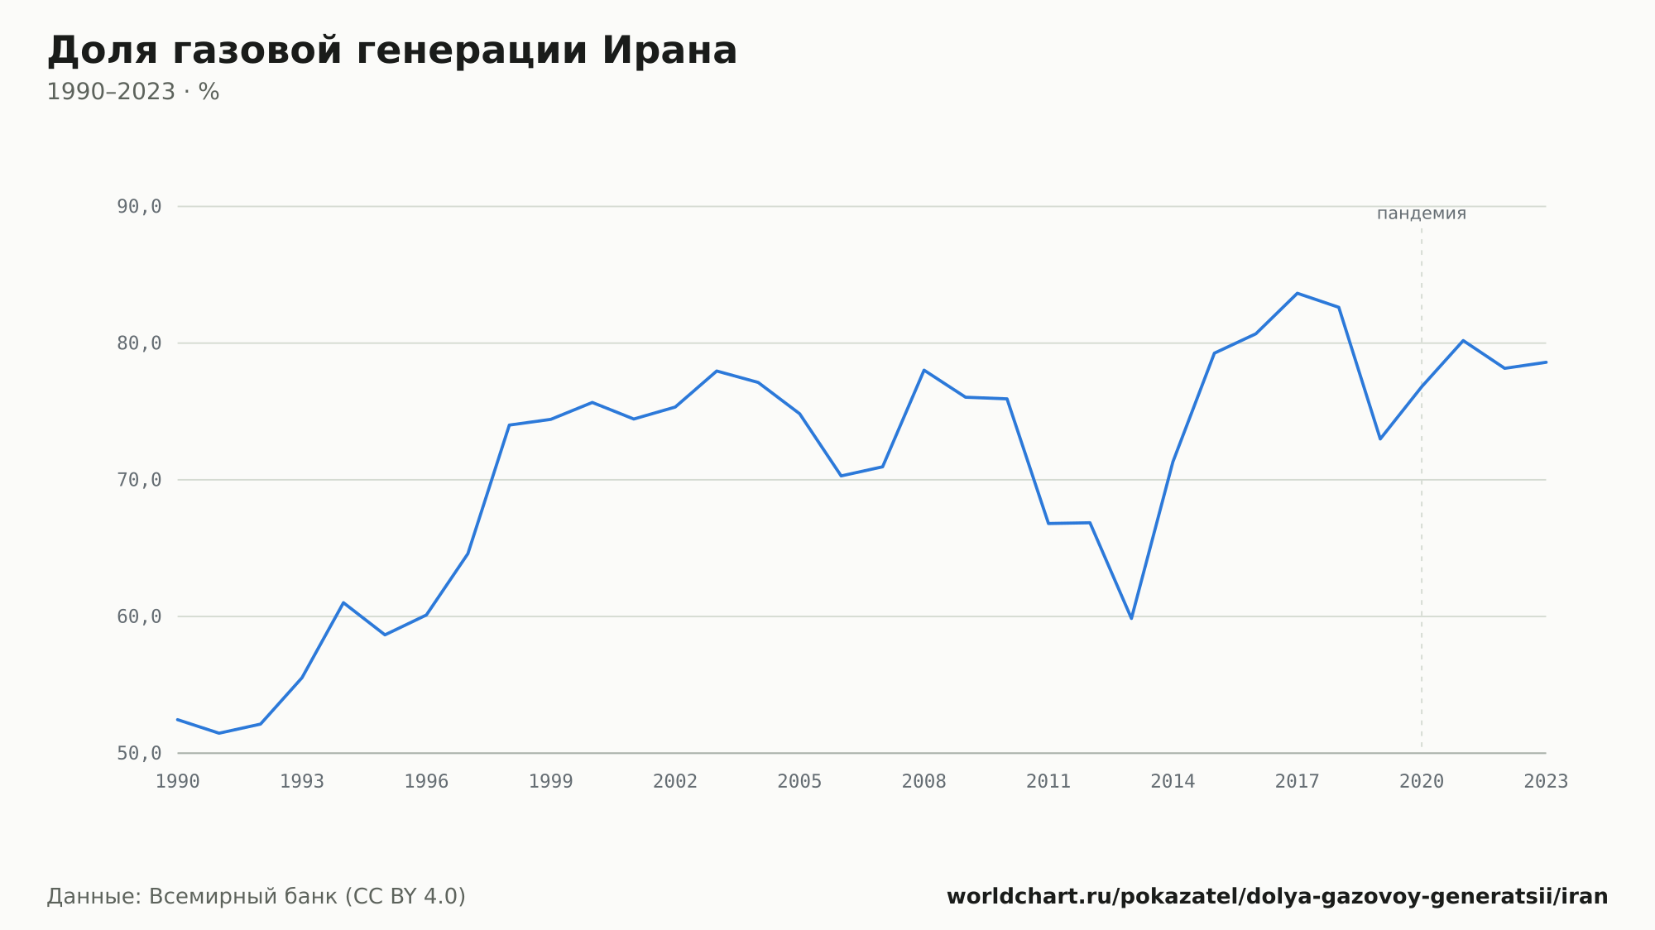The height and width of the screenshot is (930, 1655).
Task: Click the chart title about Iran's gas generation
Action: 391,51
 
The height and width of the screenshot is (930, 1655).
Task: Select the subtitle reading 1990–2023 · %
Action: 133,92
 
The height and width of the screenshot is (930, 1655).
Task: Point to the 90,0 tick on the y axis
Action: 139,207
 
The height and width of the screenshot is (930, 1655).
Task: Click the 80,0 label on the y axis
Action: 139,343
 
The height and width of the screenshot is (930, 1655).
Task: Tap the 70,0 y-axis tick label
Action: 139,480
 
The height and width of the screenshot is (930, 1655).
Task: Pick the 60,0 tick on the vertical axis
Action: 139,616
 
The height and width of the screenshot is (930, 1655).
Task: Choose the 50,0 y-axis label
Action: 139,753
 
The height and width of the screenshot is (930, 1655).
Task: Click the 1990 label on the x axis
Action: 178,782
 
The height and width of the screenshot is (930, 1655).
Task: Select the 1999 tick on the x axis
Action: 551,782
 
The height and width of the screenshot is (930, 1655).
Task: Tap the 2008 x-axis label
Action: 924,782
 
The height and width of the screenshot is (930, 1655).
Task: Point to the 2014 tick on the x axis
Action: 1173,782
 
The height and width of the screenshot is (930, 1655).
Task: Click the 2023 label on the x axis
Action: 1546,782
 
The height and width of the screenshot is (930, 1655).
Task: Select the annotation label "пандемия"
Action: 1422,213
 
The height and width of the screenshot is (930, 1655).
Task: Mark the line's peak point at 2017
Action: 1298,293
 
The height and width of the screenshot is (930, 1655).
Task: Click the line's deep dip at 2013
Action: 1131,618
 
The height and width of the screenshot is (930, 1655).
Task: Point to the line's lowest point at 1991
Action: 219,733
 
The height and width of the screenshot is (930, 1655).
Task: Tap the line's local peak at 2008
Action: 924,370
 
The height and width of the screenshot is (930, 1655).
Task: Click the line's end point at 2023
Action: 1546,362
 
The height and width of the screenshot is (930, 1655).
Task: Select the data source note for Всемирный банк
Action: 257,897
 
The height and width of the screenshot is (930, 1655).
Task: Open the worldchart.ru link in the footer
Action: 1277,897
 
